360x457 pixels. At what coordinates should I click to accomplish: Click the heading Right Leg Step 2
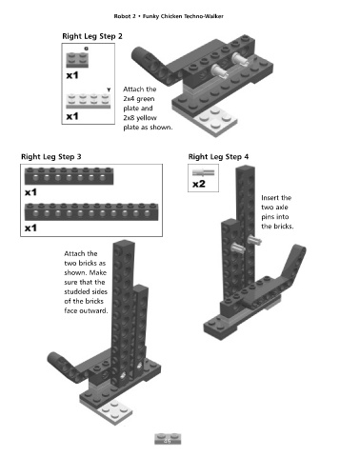tap(92, 36)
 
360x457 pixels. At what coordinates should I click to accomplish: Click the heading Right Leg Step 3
tap(51, 157)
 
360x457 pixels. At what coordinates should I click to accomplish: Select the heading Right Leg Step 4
tap(218, 157)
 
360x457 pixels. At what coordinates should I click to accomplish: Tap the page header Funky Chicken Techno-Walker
tap(183, 16)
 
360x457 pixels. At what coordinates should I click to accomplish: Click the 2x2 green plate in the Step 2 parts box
tap(77, 59)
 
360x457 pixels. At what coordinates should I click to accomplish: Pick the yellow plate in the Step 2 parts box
tap(89, 101)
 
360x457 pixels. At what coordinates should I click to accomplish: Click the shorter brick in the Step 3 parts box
tap(69, 176)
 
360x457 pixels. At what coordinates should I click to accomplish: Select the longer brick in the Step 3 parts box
tap(91, 211)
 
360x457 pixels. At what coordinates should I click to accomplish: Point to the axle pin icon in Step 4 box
tap(203, 172)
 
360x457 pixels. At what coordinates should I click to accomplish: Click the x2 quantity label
tap(199, 184)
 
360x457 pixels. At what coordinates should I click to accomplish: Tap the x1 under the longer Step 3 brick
tap(30, 228)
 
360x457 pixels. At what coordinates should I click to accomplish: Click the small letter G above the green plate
tap(86, 49)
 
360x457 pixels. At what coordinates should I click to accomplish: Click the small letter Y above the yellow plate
tap(109, 89)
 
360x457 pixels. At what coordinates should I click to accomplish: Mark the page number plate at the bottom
tap(168, 439)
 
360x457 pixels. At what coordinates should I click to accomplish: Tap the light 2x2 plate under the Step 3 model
tap(115, 412)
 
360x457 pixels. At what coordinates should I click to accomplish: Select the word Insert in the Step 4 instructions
tap(270, 198)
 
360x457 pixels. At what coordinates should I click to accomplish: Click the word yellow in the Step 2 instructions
tap(147, 118)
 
